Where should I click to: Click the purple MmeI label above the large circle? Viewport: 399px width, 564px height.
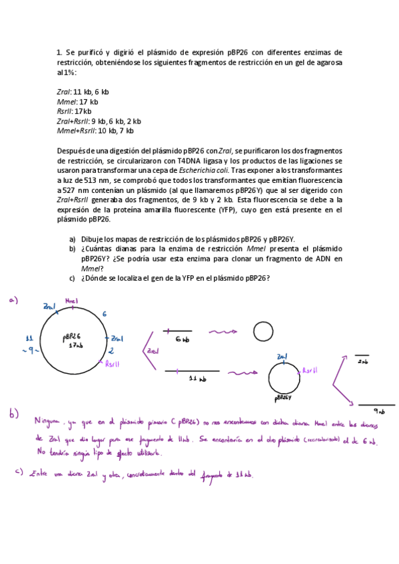tap(72, 301)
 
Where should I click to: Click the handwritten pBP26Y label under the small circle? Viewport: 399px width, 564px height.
tap(282, 398)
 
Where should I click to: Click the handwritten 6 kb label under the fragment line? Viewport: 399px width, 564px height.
tap(182, 339)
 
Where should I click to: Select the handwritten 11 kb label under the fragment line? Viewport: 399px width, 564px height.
tap(197, 379)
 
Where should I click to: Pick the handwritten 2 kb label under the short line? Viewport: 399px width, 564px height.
tap(362, 362)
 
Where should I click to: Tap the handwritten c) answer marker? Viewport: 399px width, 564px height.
tap(19, 473)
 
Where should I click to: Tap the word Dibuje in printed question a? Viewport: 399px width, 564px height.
tap(94, 239)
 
